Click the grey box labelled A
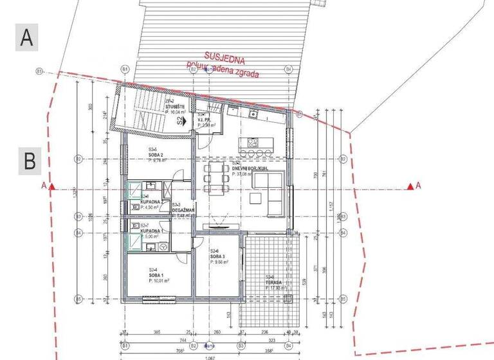(26, 37)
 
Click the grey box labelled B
(29, 161)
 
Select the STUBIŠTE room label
(176, 105)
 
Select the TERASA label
(275, 283)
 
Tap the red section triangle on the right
(410, 186)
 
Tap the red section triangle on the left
(53, 186)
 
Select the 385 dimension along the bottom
(155, 332)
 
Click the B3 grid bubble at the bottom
(241, 345)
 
